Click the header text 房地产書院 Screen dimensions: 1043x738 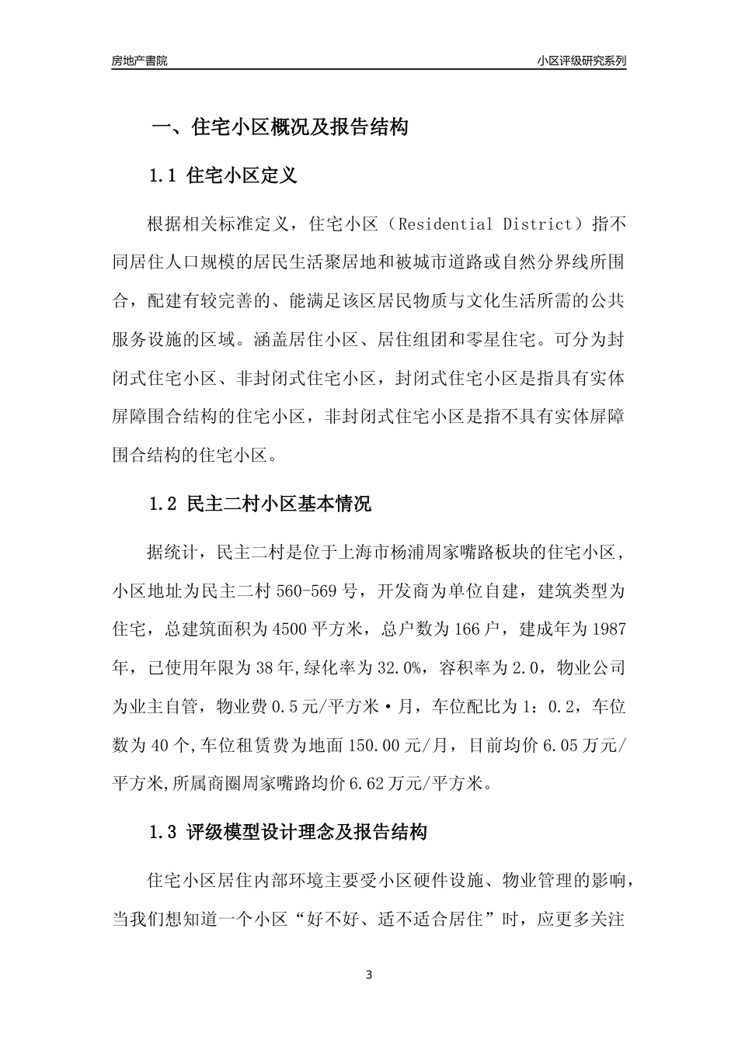(139, 61)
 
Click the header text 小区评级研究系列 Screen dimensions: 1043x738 (581, 61)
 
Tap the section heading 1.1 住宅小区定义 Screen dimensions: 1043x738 (223, 175)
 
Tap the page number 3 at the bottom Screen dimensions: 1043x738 (369, 975)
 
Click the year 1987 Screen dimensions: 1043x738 (608, 629)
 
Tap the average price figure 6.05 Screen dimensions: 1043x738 (559, 745)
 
